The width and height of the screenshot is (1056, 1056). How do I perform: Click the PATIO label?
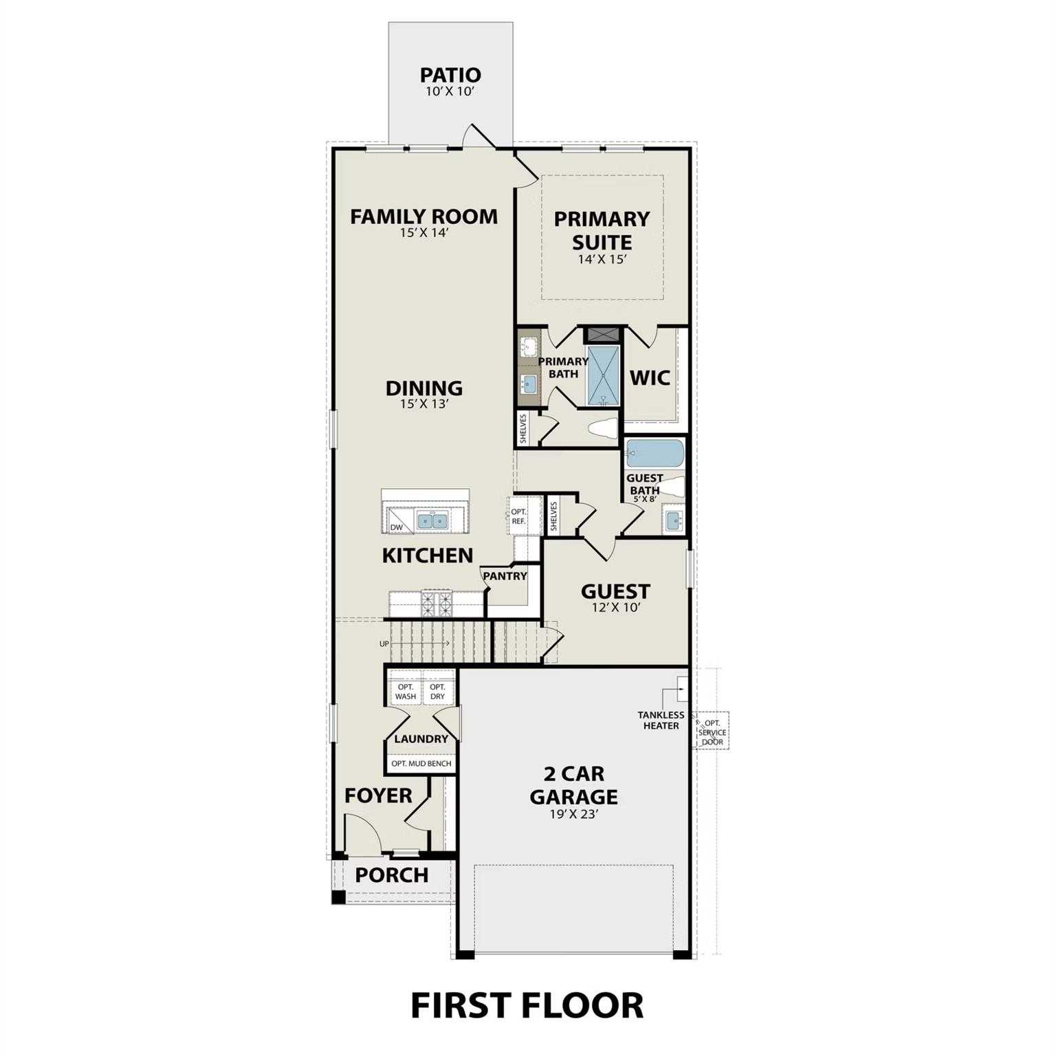(x=450, y=74)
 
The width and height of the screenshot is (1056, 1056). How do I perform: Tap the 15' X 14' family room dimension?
(x=424, y=233)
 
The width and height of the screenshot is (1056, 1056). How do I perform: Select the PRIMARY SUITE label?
(x=602, y=230)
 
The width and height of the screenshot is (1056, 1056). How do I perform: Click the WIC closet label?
(x=650, y=377)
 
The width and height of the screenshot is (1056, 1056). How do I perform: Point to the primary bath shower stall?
(x=603, y=375)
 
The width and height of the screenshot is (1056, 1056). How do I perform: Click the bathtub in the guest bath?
(x=655, y=453)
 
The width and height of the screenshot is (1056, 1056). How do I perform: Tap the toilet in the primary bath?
(x=604, y=430)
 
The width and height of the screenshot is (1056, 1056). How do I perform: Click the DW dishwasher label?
(x=396, y=527)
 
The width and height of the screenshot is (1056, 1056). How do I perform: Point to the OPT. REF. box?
(x=518, y=516)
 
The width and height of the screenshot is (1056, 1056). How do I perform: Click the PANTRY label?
(x=505, y=576)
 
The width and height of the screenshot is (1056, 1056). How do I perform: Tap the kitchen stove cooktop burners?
(x=436, y=604)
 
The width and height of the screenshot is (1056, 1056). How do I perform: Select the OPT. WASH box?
(x=406, y=692)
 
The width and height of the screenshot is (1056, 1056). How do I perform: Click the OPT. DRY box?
(x=437, y=692)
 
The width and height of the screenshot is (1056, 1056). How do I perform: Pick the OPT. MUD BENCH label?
(x=421, y=763)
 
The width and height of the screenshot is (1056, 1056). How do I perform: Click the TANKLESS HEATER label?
(x=661, y=720)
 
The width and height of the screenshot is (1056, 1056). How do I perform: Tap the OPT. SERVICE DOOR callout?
(x=712, y=732)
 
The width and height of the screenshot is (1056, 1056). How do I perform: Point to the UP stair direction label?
(x=384, y=643)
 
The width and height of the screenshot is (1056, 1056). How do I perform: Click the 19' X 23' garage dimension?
(x=574, y=815)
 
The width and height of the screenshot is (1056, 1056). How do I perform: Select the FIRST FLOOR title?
(x=527, y=1005)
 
